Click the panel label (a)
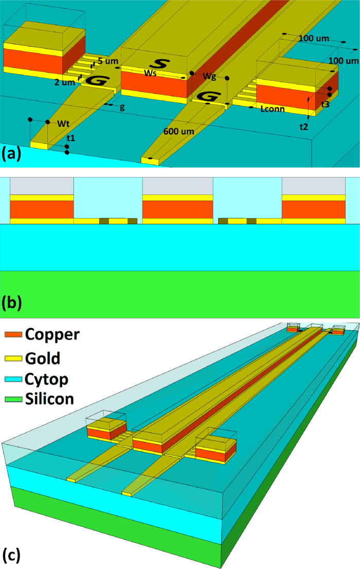pos(11,153)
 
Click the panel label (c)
pos(11,556)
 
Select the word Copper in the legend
pos(53,334)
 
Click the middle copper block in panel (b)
pos(177,209)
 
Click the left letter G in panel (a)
pos(95,80)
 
